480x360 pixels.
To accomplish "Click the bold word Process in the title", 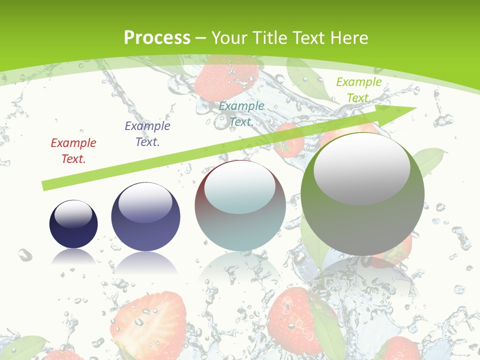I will tap(157, 38).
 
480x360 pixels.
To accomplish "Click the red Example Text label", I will tap(73, 151).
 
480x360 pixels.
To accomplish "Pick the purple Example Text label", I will tap(147, 133).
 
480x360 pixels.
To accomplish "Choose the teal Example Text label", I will tap(241, 113).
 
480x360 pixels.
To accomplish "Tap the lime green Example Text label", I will tap(359, 90).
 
